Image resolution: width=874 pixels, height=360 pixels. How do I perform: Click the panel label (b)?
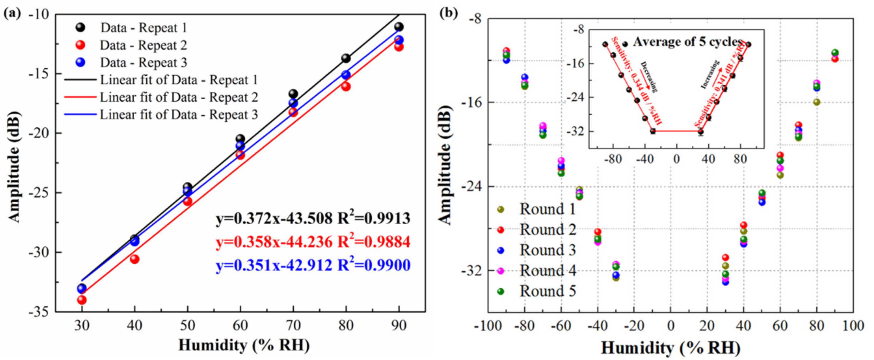coord(448,14)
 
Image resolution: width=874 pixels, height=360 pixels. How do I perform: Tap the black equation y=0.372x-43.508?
coord(274,219)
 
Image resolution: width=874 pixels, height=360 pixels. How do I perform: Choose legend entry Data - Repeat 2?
coord(143,45)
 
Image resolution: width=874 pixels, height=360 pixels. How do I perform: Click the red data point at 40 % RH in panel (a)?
coord(135,259)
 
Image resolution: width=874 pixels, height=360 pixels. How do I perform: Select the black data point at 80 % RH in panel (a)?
coord(346,58)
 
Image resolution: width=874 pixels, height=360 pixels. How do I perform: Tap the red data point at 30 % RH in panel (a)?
coord(82,300)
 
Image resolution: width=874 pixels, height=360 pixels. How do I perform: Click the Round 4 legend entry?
coord(547,271)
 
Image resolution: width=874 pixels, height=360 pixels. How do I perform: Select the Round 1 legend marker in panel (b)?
coord(501,210)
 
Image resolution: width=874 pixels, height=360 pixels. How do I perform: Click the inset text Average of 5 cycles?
coord(687,42)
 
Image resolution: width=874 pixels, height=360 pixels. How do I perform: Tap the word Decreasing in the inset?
coord(649,77)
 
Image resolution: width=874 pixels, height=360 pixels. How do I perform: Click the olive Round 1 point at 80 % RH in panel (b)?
coord(817,102)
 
